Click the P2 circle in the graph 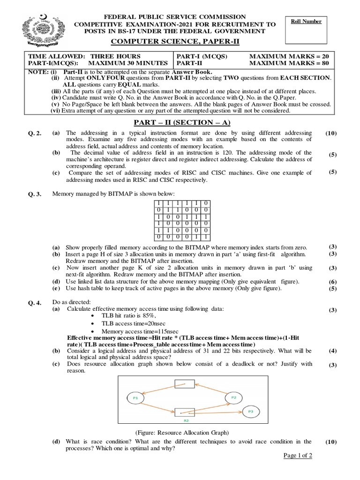pos(233,397)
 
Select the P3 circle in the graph pos(251,412)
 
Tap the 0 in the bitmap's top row pos(207,202)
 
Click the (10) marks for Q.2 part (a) pos(331,134)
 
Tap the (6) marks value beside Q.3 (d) pos(332,282)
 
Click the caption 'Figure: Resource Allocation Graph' pos(180,433)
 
